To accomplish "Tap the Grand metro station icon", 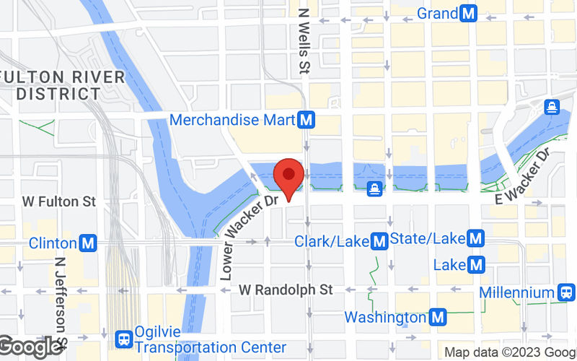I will [x=470, y=13].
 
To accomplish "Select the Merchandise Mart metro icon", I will [x=308, y=120].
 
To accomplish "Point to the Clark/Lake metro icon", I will [x=379, y=240].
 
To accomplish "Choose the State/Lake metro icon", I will [x=475, y=238].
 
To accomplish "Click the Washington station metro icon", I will [x=437, y=316].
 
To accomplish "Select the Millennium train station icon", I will [x=566, y=292].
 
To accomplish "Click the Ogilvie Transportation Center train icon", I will [x=124, y=337].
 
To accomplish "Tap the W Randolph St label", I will [x=286, y=290].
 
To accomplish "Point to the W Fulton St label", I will [x=59, y=201].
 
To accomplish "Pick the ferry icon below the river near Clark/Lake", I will [x=375, y=189].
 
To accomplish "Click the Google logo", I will [x=30, y=347].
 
